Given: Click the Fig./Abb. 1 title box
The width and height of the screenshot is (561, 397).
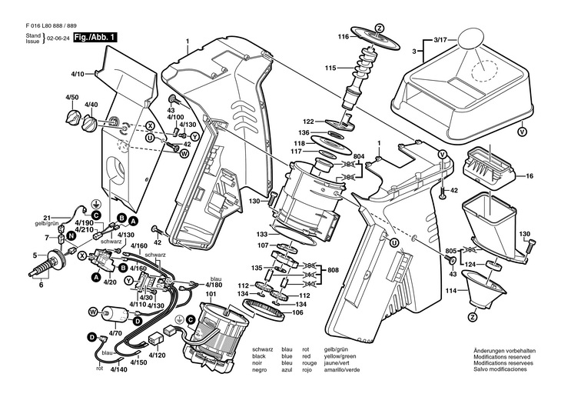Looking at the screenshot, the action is pyautogui.click(x=95, y=37).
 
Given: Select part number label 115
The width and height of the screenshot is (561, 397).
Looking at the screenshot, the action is pyautogui.click(x=330, y=68).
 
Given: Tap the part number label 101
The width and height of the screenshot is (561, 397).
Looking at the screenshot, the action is pyautogui.click(x=211, y=294).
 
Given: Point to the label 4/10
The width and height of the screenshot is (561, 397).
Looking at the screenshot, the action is pyautogui.click(x=78, y=75).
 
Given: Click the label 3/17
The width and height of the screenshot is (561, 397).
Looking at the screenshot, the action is pyautogui.click(x=440, y=41).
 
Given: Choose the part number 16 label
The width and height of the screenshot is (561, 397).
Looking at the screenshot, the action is pyautogui.click(x=529, y=176).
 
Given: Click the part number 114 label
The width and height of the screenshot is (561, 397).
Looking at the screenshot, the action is pyautogui.click(x=452, y=291).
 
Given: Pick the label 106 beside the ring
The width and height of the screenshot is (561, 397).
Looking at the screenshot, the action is pyautogui.click(x=297, y=313).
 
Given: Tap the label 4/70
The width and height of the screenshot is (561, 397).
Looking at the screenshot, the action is pyautogui.click(x=115, y=333).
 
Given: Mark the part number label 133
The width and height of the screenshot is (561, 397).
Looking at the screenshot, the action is pyautogui.click(x=262, y=235).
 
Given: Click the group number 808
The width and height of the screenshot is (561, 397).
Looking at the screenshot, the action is pyautogui.click(x=333, y=270).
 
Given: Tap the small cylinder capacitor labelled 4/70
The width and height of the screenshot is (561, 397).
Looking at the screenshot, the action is pyautogui.click(x=114, y=314).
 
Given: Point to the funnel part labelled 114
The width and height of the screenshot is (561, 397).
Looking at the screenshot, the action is pyautogui.click(x=484, y=289).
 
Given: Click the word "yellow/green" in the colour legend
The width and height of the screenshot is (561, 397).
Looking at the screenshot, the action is pyautogui.click(x=340, y=356).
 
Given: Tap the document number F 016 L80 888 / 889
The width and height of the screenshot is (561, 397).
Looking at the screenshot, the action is pyautogui.click(x=51, y=26).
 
